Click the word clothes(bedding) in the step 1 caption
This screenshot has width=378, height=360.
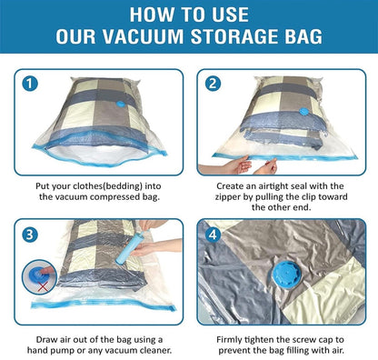(x=109, y=183)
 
